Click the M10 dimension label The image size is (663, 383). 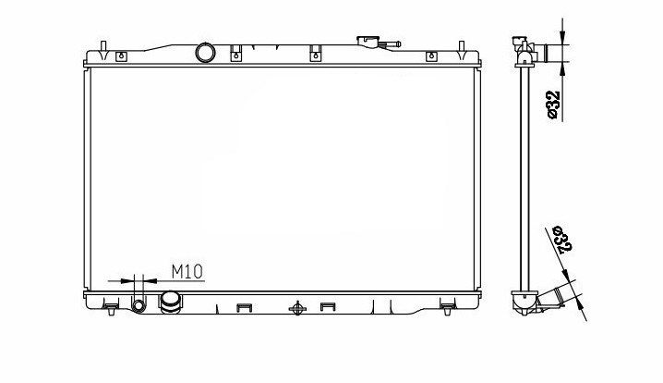187,272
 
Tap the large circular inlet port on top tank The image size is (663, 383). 205,53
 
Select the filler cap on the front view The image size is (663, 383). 368,42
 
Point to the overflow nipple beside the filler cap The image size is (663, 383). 391,43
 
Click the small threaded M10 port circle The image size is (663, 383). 139,305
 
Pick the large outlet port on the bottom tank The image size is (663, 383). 171,302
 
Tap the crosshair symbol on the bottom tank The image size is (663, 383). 297,308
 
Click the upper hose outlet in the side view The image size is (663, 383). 542,53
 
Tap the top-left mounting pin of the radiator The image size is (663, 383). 103,46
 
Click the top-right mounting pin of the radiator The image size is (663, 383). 462,46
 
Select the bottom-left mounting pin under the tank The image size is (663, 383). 111,312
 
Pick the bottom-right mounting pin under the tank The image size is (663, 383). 448,312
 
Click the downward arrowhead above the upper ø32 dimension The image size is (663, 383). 562,37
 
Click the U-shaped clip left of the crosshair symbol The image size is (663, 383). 244,307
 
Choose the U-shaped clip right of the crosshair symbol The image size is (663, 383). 328,306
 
